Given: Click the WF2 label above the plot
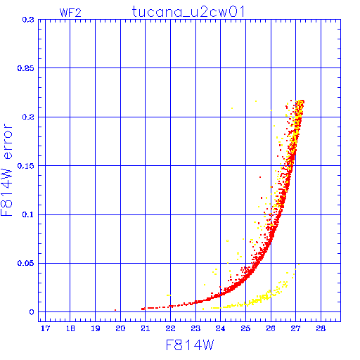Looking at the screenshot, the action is (70, 13).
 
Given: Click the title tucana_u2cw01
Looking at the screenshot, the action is (188, 12).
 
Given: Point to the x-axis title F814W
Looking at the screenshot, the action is (190, 345).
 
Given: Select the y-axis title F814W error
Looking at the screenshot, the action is (6, 170).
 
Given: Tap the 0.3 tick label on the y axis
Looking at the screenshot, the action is (28, 20).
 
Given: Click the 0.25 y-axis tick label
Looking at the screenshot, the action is (26, 68).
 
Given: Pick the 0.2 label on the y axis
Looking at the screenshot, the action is (28, 117).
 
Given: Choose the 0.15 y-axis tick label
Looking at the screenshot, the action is (26, 166).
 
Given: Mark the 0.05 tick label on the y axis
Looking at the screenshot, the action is (26, 263).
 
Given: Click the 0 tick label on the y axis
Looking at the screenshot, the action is (32, 312).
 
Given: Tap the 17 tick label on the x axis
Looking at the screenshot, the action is (45, 328).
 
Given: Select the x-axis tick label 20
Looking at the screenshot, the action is (120, 328).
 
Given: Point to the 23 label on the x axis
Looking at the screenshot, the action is (195, 328).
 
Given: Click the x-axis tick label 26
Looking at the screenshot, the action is (271, 328).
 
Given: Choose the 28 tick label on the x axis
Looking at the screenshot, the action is (321, 328).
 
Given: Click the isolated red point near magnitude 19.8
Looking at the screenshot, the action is (115, 310).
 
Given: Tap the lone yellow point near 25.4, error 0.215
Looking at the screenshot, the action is (256, 101).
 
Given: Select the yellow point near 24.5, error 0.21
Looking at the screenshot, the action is (232, 108).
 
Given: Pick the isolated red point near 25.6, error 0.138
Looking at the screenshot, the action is (260, 177).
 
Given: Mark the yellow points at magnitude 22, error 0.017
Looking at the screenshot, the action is (169, 295).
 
